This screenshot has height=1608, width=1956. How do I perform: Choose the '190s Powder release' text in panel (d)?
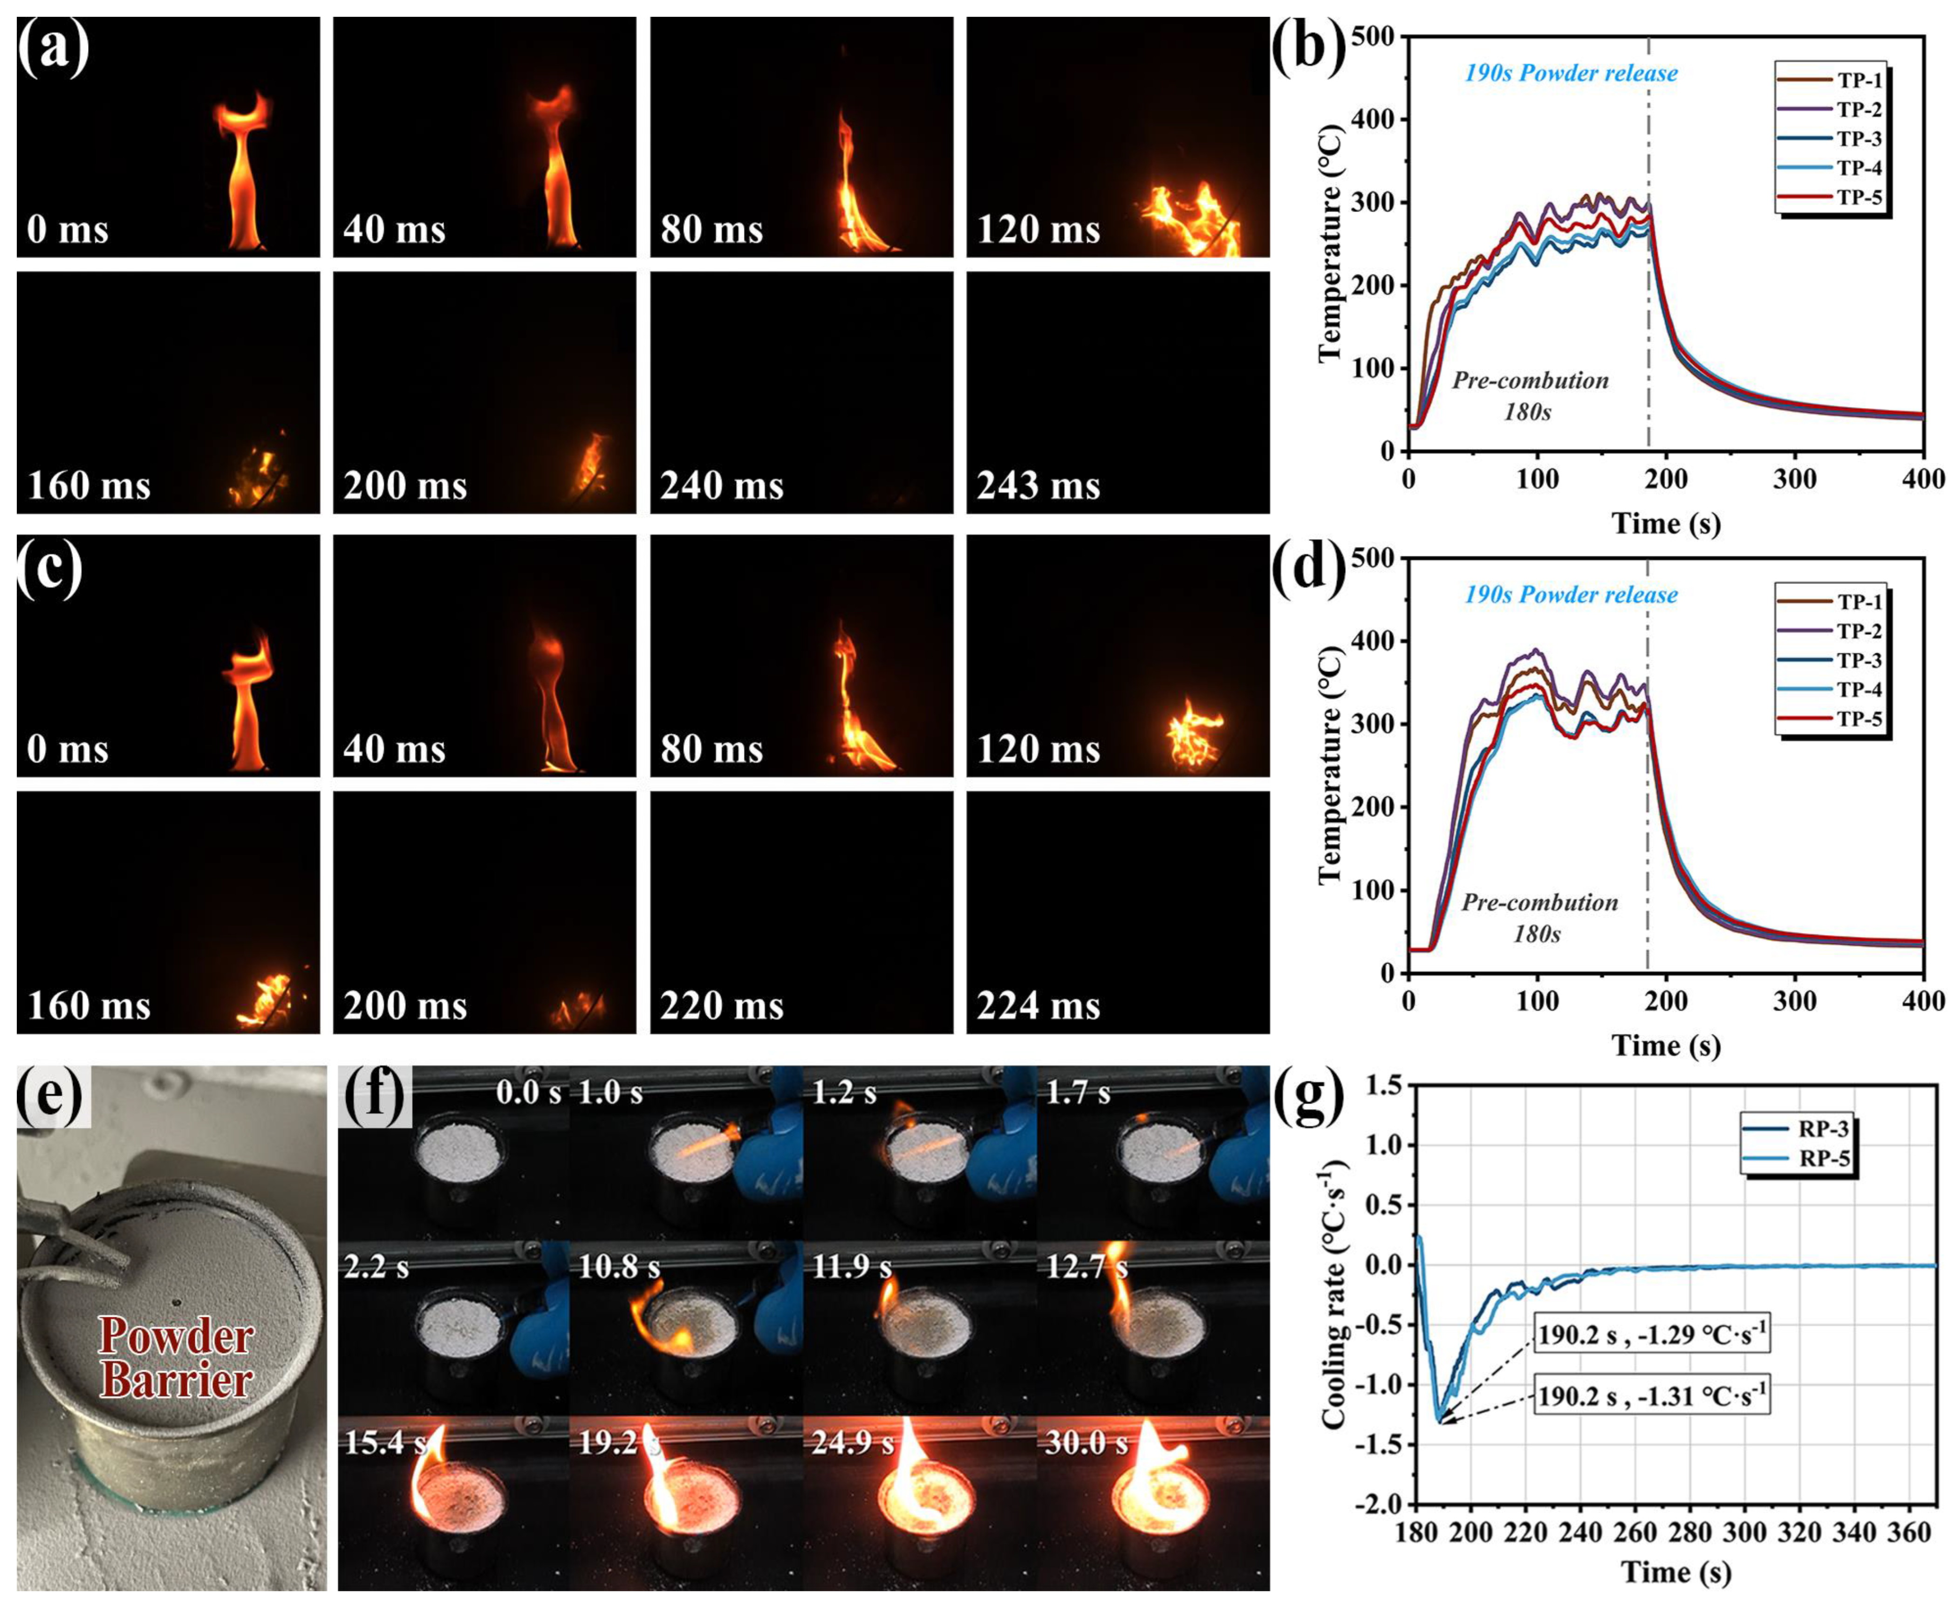[1571, 595]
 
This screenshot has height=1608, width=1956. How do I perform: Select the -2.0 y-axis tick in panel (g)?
[1373, 1504]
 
